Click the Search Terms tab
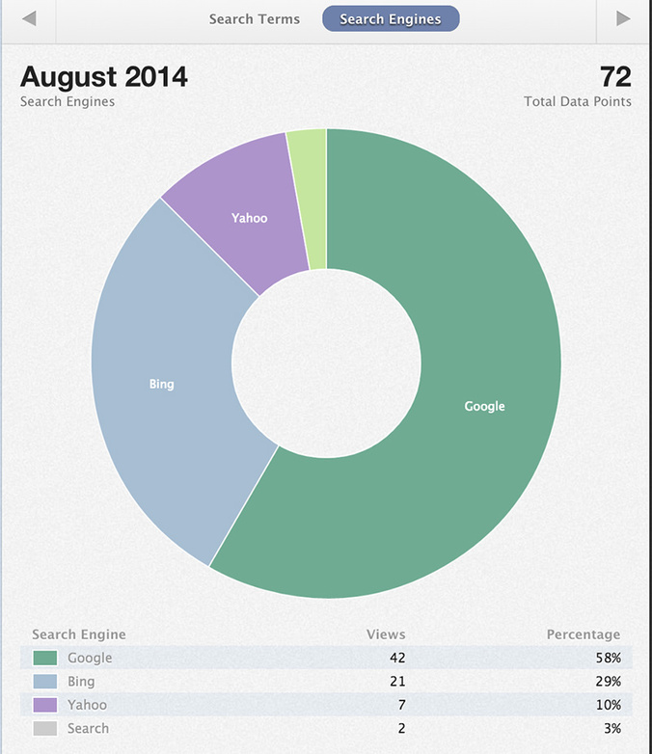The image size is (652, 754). coord(255,19)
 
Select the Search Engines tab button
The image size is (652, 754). coord(391,19)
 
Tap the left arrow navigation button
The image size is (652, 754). coord(29,19)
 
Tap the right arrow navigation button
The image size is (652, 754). coord(623,19)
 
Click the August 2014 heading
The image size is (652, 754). coord(104,77)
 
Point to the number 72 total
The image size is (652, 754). coord(615,77)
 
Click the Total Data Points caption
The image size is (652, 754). coord(578,101)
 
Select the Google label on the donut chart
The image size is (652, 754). coord(484,406)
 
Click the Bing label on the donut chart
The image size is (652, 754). coord(161,384)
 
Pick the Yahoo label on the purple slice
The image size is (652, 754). coord(249,218)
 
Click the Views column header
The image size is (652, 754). coord(386,634)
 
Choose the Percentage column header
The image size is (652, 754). coord(584,634)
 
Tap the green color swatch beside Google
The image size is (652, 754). coord(44,658)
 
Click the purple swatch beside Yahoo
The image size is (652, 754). coord(44,705)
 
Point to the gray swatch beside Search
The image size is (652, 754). coord(44,728)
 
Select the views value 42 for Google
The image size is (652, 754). coord(396,658)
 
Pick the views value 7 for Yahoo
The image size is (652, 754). coord(401,705)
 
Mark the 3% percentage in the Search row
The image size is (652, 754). coord(611,728)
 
